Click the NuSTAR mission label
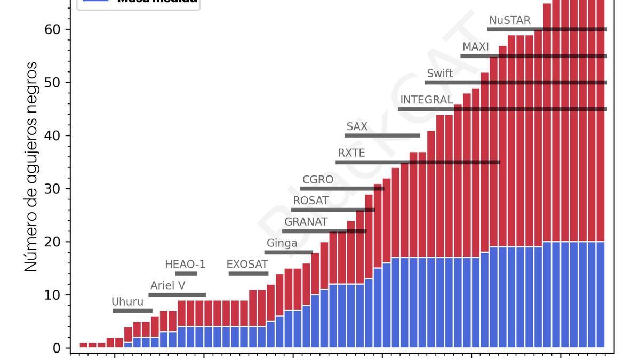(509, 20)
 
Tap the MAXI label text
(475, 47)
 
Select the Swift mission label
(440, 74)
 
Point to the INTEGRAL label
(426, 100)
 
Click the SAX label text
(357, 127)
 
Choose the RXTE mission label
(351, 154)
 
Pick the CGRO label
(317, 180)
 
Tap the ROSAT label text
(310, 201)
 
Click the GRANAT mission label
(306, 222)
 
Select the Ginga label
(282, 244)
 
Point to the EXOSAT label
(247, 265)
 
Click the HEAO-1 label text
(185, 265)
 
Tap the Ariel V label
(167, 286)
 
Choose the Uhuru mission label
(127, 302)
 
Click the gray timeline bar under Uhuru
(132, 311)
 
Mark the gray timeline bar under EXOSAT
(249, 274)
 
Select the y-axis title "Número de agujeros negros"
(31, 167)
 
